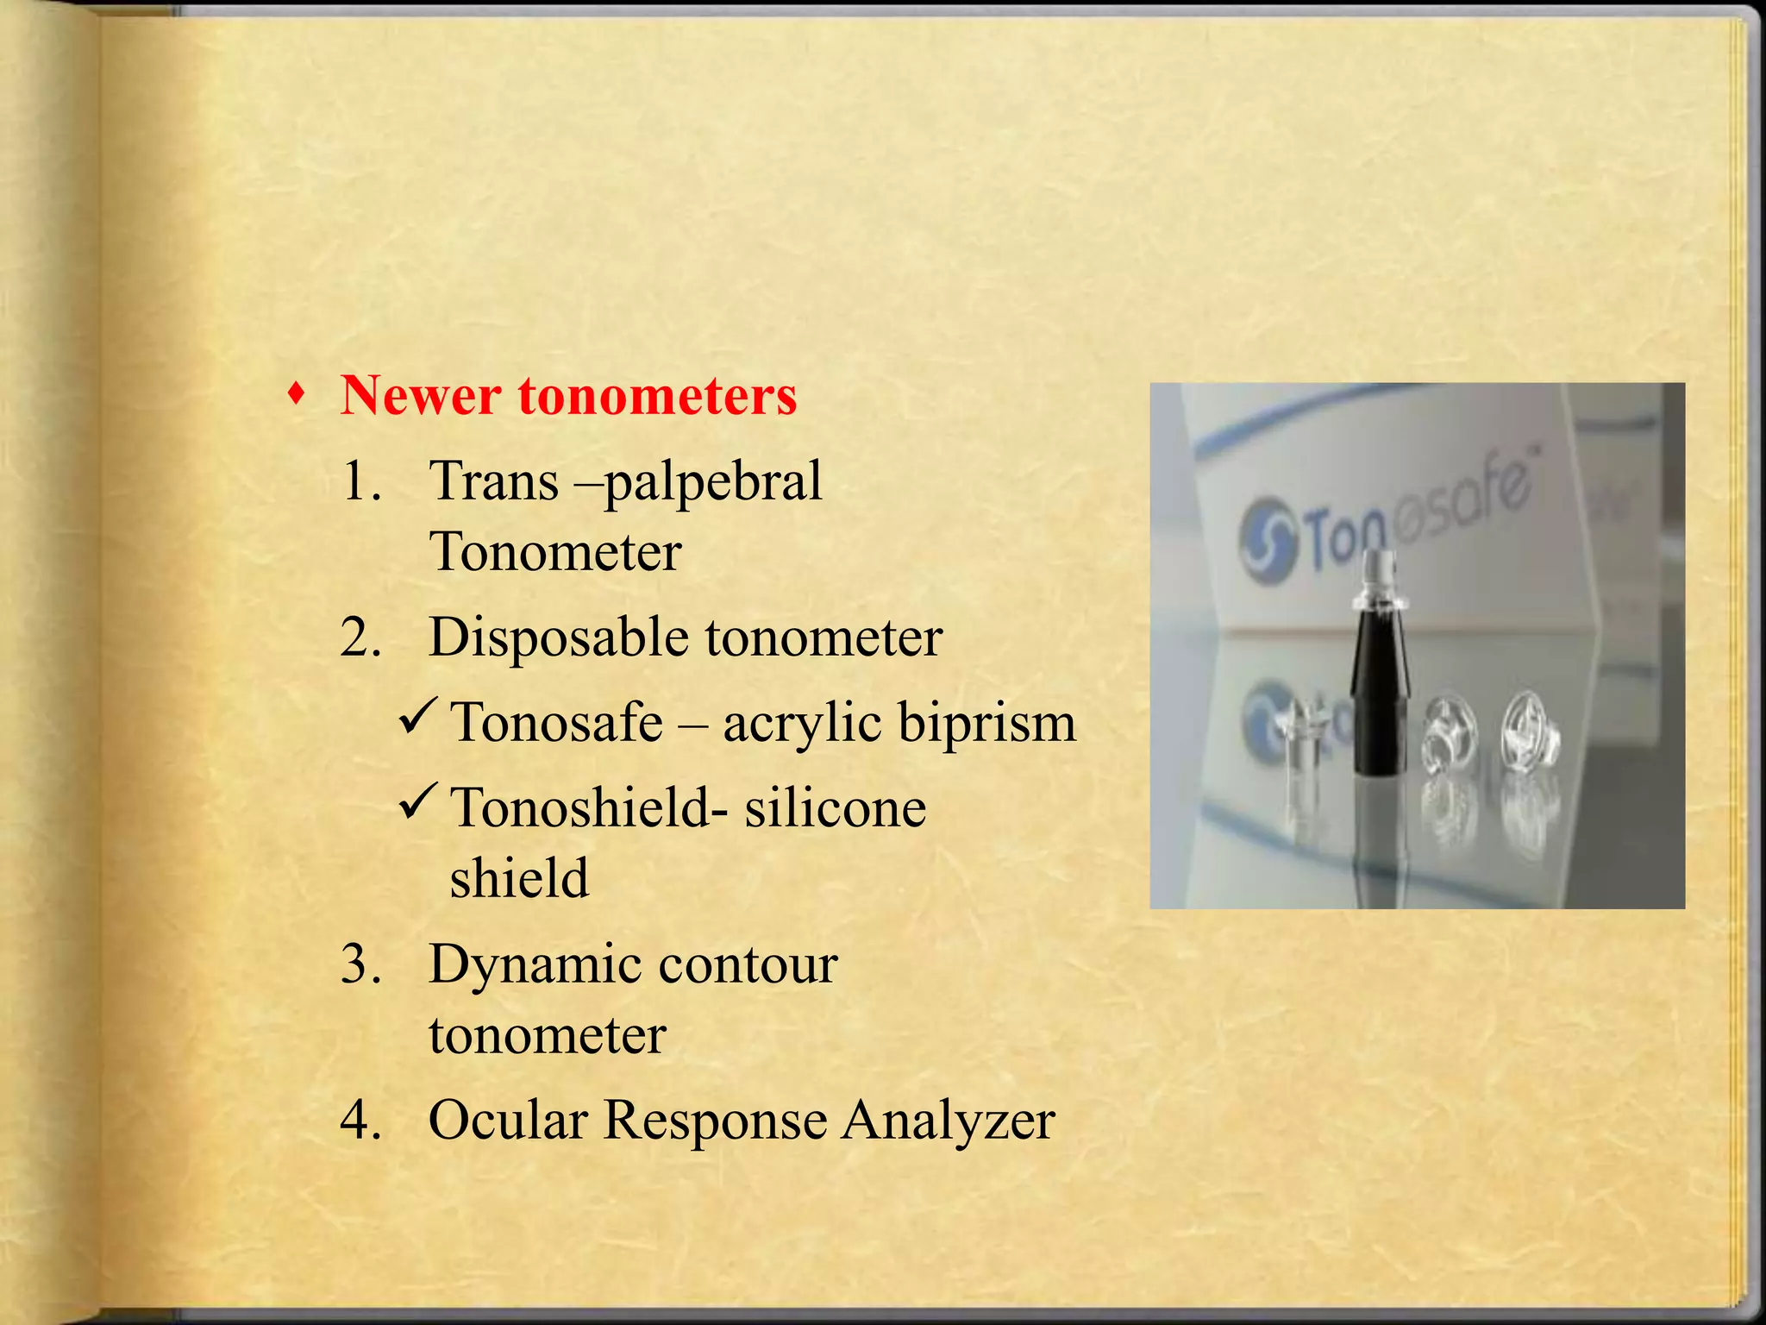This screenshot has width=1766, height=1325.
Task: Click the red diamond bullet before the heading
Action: coord(297,395)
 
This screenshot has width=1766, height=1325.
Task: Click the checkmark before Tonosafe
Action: coord(421,716)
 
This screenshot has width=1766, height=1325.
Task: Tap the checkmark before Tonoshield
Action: coord(421,801)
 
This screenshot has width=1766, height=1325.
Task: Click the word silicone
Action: coord(835,809)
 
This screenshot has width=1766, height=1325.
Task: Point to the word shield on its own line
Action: coord(519,878)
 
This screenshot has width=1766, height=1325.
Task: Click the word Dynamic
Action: coord(535,965)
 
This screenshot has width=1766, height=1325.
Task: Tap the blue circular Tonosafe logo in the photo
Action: coord(1268,543)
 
